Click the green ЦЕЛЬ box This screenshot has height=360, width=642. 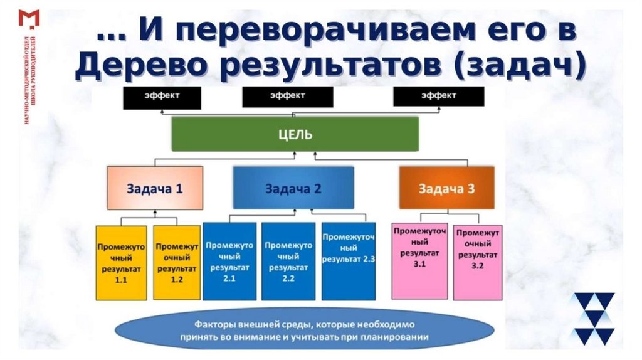point(295,134)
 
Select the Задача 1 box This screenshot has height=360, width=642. point(155,187)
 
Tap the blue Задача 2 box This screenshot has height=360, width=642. point(293,188)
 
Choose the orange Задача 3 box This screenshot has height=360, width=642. point(446,188)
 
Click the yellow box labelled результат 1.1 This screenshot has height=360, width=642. point(121,263)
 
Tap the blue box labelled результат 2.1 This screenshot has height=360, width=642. point(229,261)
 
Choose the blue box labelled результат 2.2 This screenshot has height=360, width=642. point(288,261)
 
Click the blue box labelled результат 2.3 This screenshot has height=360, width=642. point(348,261)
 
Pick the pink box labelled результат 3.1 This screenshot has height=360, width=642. point(419,260)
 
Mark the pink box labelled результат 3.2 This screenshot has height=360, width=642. point(478,261)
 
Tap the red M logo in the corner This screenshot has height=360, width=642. point(29,19)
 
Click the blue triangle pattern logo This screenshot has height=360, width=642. point(592,319)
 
